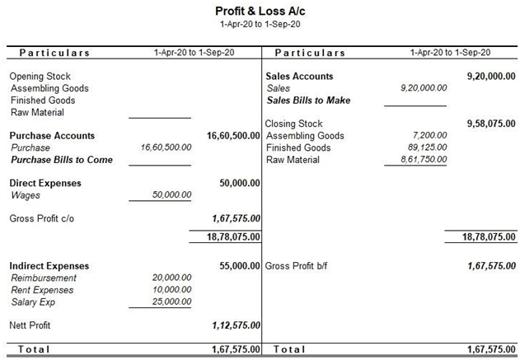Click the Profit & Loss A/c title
pos(260,12)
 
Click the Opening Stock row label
pos(40,77)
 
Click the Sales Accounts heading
pos(299,77)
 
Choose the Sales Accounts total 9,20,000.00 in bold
pos(491,77)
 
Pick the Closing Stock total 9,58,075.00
pos(491,124)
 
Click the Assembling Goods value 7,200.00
pos(429,136)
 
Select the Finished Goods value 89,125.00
pos(426,147)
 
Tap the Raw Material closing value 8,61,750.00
pos(422,160)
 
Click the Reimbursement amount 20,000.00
pos(172,278)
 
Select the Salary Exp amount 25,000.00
pos(172,302)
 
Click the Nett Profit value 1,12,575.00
pos(237,326)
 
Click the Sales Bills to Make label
pos(308,101)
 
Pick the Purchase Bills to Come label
pos(61,160)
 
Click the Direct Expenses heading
pos(45,183)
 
